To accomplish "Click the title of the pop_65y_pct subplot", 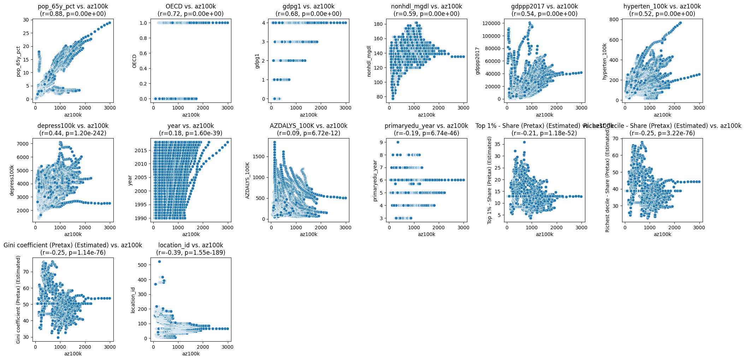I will click(73, 10).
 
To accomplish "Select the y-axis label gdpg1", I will click(257, 61).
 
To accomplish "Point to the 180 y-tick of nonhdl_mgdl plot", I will click(379, 24).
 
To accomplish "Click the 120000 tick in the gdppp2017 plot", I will click(493, 23).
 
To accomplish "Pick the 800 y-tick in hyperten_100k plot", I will click(614, 20).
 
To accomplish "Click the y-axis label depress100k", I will click(12, 180).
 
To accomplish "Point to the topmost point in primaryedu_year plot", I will click(398, 142).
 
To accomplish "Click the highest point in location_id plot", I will click(159, 262).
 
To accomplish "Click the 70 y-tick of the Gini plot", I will click(26, 272).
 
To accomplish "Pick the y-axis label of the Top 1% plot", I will click(490, 180).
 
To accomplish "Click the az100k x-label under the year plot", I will click(191, 234).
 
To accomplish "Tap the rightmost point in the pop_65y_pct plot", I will click(110, 23).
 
